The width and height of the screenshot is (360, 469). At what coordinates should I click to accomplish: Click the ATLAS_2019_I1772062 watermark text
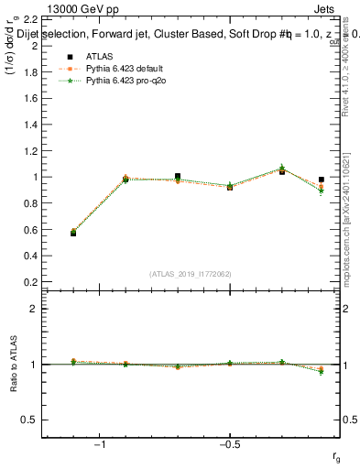click(x=190, y=273)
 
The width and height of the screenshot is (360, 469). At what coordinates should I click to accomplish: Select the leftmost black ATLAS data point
click(x=73, y=233)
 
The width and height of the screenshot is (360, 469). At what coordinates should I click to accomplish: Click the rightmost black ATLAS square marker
click(x=321, y=180)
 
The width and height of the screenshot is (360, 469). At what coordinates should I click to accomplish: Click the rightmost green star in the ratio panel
click(x=321, y=371)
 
